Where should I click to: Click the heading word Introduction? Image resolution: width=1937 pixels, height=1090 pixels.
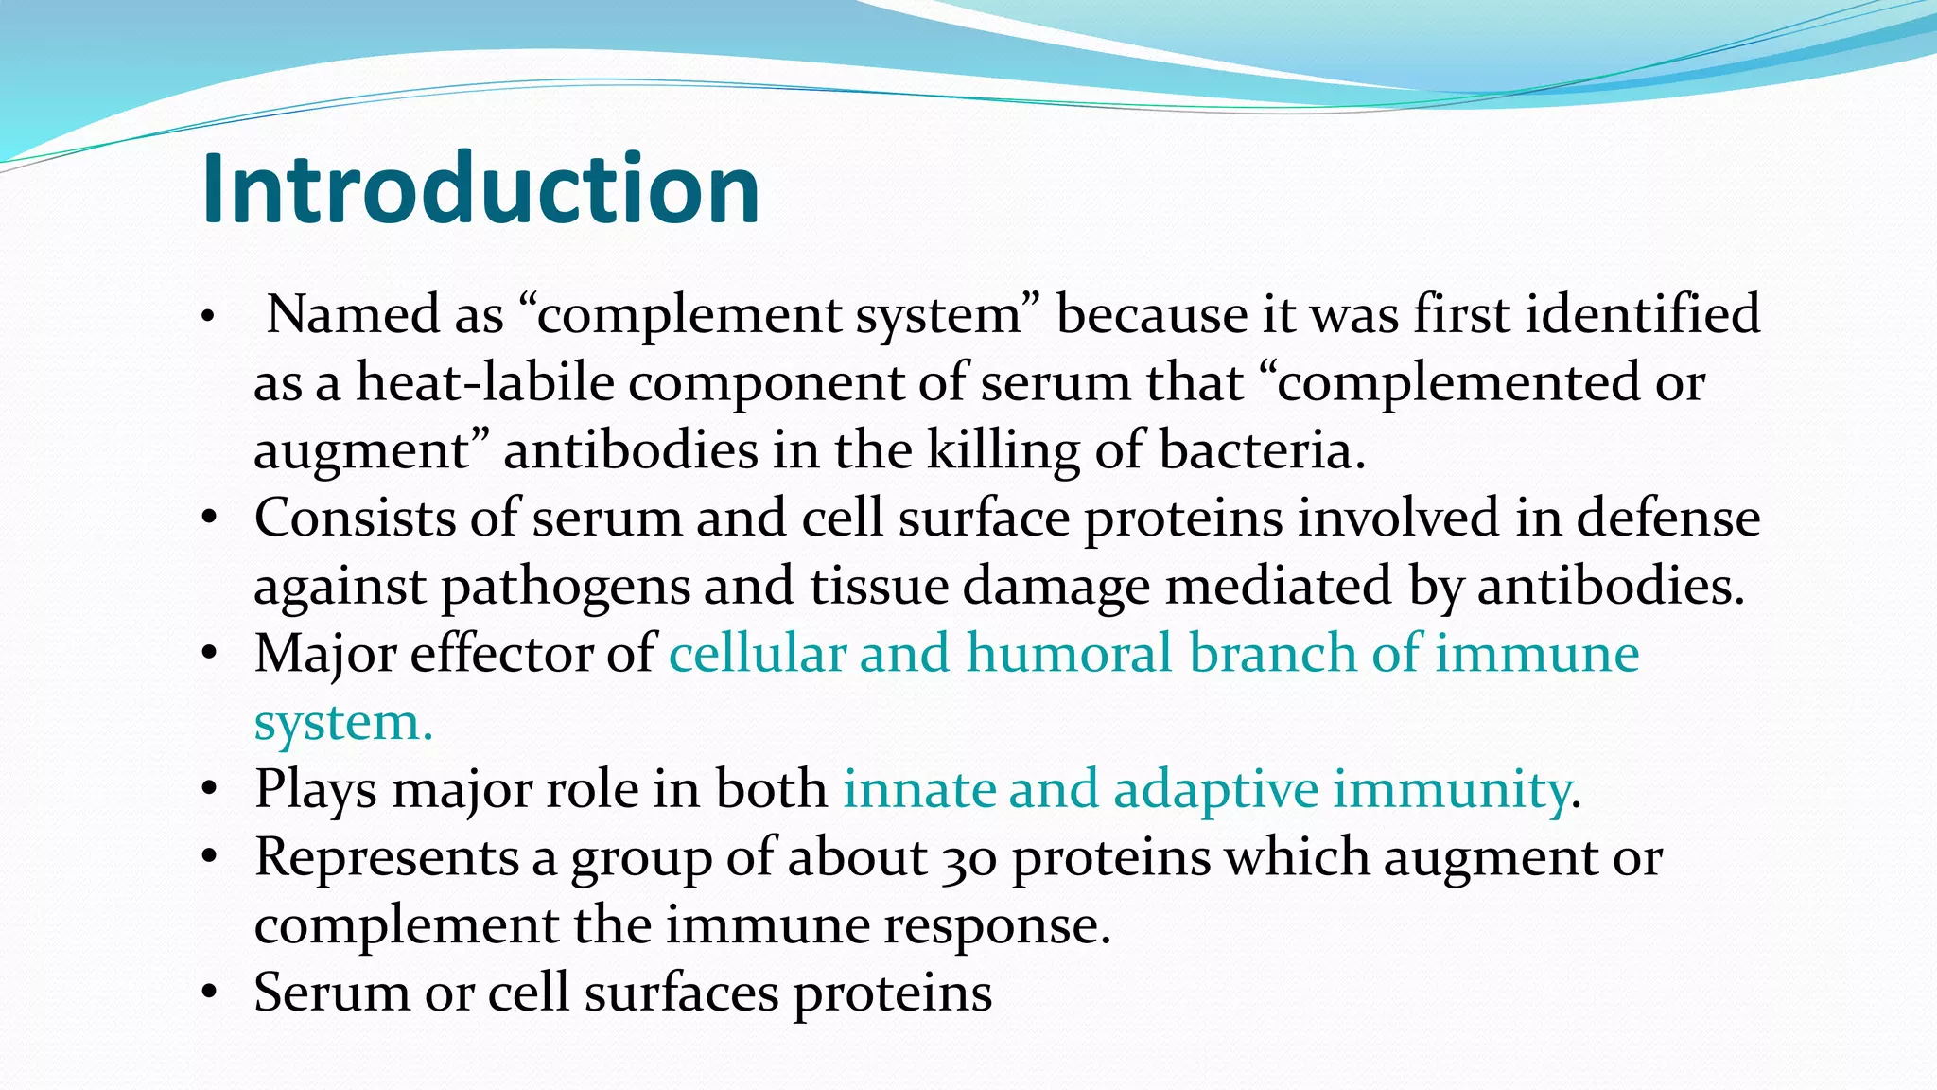coord(480,189)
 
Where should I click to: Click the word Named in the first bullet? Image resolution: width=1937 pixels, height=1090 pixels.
coord(353,315)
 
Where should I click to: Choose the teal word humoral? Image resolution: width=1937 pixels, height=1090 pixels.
coord(1069,655)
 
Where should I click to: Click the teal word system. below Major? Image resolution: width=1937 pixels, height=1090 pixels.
coord(343,724)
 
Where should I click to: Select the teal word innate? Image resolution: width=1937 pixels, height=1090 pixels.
coord(917,790)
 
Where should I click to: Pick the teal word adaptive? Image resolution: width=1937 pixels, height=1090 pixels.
coord(1215,790)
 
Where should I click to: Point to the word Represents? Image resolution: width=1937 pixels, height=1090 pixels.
coord(386,858)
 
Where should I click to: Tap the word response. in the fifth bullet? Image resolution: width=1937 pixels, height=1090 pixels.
coord(997,926)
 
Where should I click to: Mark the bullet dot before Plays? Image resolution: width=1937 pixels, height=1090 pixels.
coord(210,789)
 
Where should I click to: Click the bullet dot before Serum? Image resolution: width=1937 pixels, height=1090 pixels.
coord(210,993)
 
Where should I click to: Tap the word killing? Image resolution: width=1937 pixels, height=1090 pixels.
coord(1003,451)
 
